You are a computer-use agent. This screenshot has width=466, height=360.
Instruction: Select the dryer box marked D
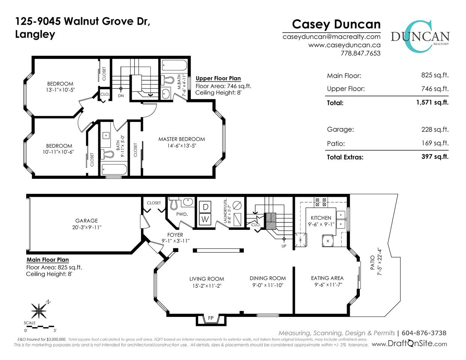coord(205,207)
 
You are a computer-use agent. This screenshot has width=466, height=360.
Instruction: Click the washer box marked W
coord(205,219)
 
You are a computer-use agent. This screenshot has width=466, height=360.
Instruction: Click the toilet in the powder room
coord(174,204)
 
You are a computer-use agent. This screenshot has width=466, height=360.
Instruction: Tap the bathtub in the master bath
coord(174,65)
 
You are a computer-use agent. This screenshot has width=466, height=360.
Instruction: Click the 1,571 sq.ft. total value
coord(432,102)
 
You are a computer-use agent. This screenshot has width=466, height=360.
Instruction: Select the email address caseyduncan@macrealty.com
coord(332,37)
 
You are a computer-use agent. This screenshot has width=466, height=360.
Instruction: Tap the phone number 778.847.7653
coord(361,53)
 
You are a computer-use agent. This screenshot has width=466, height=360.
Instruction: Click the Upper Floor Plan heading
coord(218,78)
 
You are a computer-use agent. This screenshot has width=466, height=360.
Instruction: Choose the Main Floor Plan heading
coord(48,260)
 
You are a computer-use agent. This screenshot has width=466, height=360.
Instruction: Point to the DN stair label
coord(121,96)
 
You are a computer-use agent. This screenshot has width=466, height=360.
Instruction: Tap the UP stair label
coord(284,246)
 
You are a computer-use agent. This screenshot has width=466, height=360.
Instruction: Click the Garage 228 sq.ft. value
coord(435,129)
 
